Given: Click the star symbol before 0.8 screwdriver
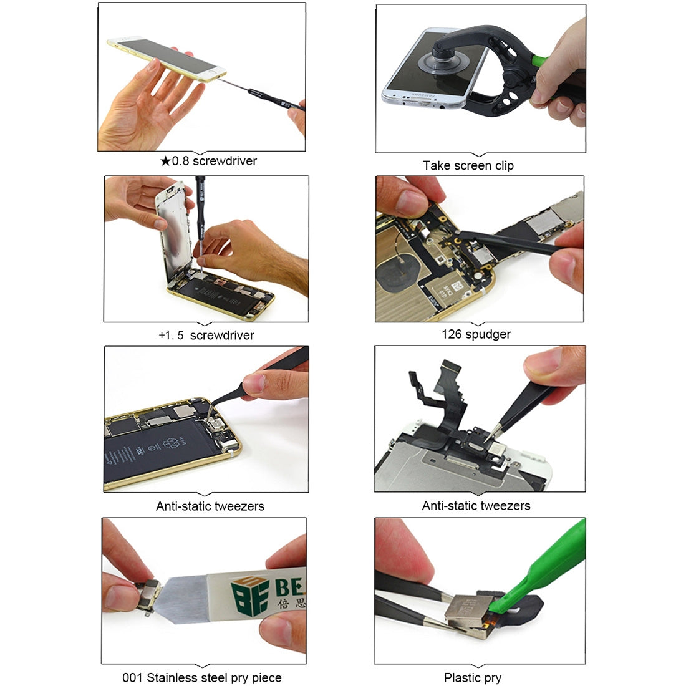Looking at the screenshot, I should click(x=165, y=162).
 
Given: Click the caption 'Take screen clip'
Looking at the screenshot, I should click(x=468, y=166).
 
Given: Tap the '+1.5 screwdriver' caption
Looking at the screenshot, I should click(x=206, y=336).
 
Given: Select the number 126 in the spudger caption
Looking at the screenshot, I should click(x=452, y=334).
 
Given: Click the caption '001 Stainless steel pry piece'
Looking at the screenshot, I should click(x=201, y=677).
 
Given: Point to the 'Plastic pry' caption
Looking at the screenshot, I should click(x=472, y=678).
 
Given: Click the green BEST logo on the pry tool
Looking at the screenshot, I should click(x=249, y=596).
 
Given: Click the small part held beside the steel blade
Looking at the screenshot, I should click(x=150, y=596).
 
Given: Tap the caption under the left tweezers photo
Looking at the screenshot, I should click(x=210, y=506).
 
